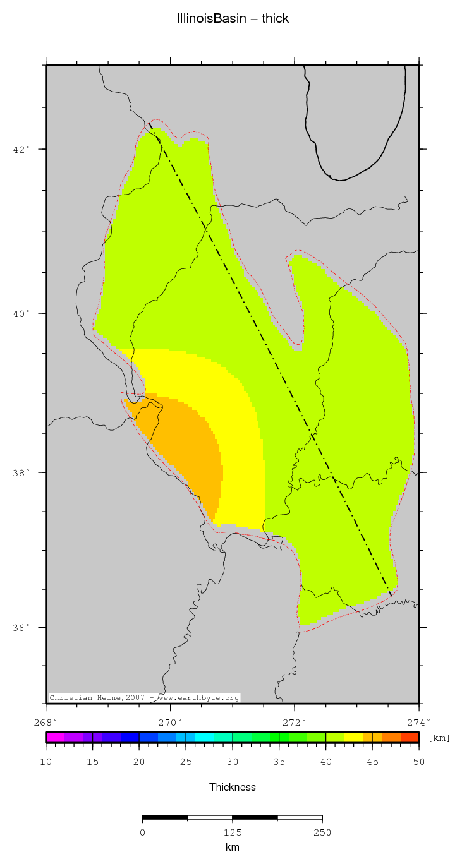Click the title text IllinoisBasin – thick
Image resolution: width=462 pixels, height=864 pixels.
233,19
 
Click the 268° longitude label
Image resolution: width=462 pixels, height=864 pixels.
46,722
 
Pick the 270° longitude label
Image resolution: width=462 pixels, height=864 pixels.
171,722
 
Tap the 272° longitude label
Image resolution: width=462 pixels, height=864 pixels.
295,722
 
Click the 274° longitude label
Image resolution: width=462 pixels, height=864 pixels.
419,722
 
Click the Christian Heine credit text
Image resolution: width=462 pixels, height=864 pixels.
144,698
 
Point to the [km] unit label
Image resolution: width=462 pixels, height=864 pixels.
439,738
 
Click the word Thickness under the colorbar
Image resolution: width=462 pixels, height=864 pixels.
233,787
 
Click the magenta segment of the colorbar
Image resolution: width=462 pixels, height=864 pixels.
55,737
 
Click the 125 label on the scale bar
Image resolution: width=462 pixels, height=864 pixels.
233,832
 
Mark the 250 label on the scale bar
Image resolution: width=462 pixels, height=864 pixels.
322,832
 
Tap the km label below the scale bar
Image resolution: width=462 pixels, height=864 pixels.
233,848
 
